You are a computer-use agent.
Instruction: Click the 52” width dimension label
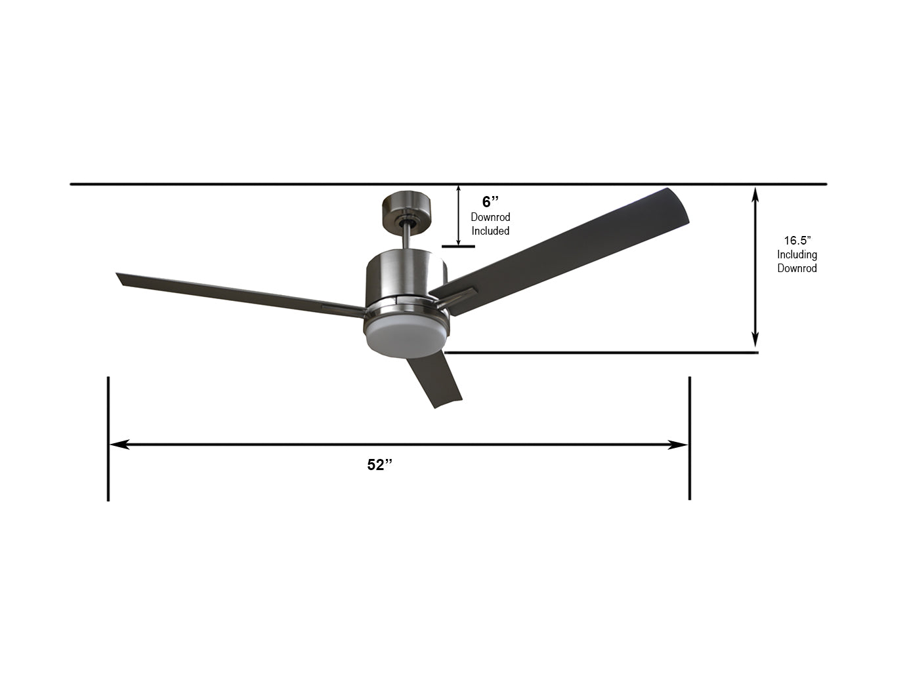coord(379,465)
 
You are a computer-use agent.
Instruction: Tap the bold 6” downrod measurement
coord(490,202)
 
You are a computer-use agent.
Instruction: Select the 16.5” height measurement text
coord(797,241)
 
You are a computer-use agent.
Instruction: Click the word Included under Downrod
coord(490,231)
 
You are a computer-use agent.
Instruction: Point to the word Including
coord(797,255)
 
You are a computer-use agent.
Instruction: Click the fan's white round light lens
coord(406,338)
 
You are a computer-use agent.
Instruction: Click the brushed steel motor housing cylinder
coord(406,275)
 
